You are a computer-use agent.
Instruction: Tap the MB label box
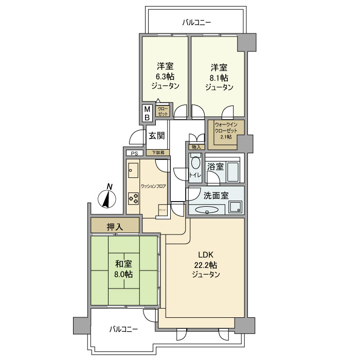tap(147, 114)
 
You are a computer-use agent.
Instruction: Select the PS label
tap(134, 153)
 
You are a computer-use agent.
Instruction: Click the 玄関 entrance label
tap(156, 136)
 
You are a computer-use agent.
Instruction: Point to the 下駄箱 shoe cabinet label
tap(157, 153)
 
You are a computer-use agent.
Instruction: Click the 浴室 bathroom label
tap(215, 167)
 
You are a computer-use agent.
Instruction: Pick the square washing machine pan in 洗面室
tap(236, 207)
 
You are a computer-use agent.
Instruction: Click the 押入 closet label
tap(114, 226)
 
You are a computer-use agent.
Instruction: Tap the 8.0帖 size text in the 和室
tap(124, 274)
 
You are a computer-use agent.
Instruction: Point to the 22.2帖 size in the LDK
tap(206, 265)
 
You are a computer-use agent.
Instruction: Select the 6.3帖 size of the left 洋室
tap(165, 77)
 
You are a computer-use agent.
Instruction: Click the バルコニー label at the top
tap(196, 23)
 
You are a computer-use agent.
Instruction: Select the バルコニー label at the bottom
tap(123, 330)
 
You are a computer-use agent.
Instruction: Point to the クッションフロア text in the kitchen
tap(153, 186)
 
